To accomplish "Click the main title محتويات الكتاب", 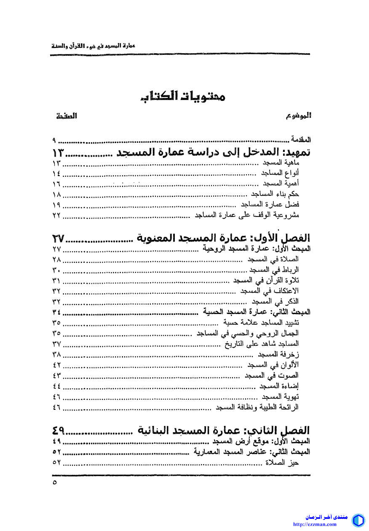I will click(183, 96).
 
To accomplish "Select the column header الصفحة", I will click(67, 116).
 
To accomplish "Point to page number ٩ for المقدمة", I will click(54, 140).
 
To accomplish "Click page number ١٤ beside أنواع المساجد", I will click(57, 173).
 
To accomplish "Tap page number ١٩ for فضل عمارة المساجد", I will click(57, 205).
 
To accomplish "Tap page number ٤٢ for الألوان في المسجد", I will click(57, 365).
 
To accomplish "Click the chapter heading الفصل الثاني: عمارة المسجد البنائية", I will click(223, 431).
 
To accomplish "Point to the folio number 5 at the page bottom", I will click(55, 482).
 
